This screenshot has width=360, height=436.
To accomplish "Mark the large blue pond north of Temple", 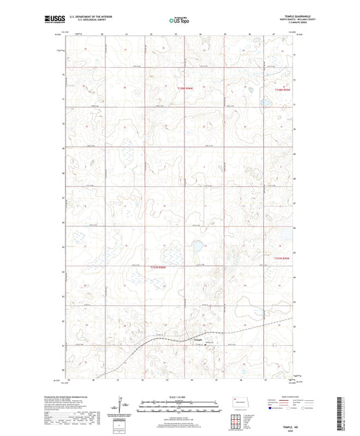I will (199, 248).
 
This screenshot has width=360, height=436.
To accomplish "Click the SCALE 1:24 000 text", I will (179, 396).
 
